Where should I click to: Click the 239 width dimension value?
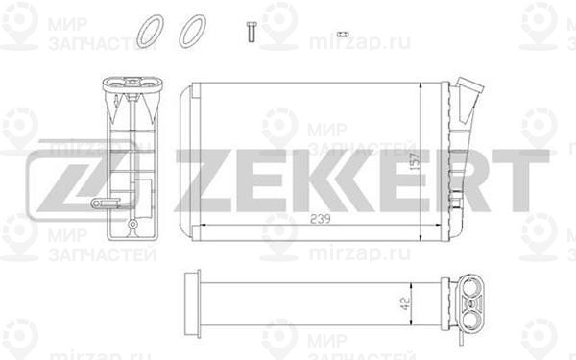321,219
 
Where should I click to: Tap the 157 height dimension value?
414,160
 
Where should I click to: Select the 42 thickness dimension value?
405,303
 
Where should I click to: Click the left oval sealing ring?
150,32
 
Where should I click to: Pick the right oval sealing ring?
192,32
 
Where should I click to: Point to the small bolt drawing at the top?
252,32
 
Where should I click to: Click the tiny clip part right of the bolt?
343,35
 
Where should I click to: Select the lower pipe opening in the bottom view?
471,319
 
